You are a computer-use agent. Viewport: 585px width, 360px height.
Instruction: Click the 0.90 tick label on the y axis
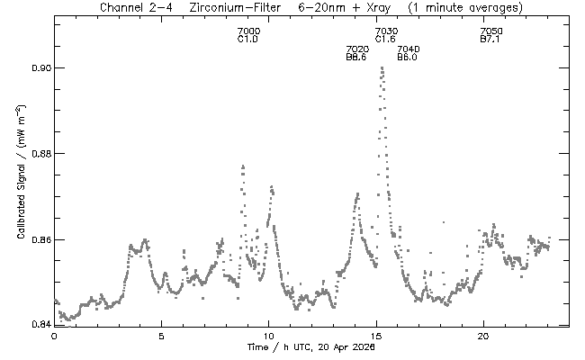click(40, 68)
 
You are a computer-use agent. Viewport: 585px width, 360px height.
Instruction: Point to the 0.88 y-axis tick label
click(40, 154)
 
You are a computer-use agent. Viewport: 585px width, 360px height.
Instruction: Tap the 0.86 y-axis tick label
click(40, 240)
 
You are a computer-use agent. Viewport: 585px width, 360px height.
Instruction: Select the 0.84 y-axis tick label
click(40, 323)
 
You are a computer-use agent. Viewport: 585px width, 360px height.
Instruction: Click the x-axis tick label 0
click(54, 336)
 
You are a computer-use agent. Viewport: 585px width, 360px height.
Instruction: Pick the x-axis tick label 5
click(161, 336)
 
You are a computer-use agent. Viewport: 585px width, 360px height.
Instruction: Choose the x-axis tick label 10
click(268, 336)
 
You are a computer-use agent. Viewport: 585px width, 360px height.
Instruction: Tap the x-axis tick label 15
click(375, 336)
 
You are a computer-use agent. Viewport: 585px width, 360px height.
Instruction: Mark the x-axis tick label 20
click(483, 336)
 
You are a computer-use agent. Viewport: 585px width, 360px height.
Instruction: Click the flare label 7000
click(248, 32)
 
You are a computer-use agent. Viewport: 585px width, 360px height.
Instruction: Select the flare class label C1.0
click(248, 40)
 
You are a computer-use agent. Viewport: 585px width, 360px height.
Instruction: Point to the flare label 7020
click(356, 49)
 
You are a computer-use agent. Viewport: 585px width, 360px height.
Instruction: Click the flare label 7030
click(386, 32)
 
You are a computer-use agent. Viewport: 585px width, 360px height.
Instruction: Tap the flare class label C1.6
click(386, 40)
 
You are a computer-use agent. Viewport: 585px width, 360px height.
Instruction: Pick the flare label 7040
click(408, 49)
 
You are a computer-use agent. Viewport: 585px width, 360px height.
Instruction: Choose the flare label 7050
click(491, 32)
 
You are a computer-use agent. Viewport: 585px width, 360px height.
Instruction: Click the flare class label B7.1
click(491, 40)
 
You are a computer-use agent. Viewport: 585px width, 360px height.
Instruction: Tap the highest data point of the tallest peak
click(382, 68)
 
